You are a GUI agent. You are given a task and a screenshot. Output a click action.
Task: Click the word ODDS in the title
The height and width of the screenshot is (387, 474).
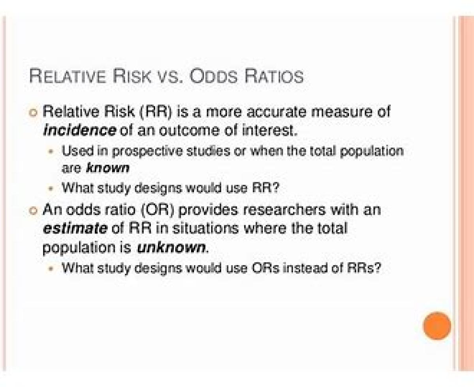(x=213, y=76)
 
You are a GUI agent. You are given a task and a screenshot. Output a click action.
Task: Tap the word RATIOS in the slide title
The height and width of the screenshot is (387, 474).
(x=274, y=76)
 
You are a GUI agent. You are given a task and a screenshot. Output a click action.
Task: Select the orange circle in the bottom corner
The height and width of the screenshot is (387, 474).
(x=437, y=325)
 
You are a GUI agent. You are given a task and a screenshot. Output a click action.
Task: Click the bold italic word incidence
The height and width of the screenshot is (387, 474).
(x=79, y=131)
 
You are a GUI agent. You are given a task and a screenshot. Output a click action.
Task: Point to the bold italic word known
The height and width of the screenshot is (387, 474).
(x=108, y=168)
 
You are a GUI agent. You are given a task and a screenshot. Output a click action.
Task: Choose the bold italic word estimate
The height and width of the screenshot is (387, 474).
(x=75, y=228)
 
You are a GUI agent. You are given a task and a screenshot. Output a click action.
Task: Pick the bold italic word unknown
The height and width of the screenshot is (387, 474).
(x=171, y=248)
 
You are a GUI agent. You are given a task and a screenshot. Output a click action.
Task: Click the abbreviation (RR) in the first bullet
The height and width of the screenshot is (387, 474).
(x=156, y=111)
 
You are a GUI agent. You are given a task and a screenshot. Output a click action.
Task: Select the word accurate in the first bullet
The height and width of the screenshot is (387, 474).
(x=276, y=112)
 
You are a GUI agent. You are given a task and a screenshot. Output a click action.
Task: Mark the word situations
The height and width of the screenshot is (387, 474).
(x=206, y=228)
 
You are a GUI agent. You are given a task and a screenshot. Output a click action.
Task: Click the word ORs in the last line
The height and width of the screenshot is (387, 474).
(x=265, y=267)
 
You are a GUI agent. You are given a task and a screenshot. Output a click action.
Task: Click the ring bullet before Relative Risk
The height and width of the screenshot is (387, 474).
(x=33, y=113)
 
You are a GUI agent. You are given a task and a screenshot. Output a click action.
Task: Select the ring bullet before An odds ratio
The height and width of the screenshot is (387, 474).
(x=33, y=211)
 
